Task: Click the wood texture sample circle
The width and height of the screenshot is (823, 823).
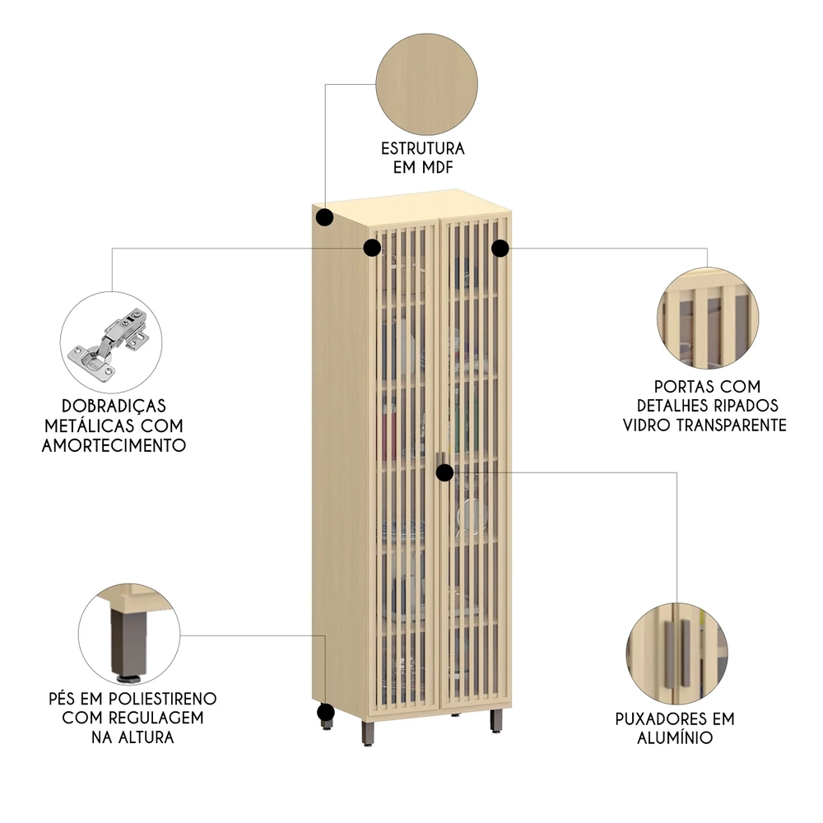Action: [x=426, y=85]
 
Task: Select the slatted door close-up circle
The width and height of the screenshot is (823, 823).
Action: [x=707, y=317]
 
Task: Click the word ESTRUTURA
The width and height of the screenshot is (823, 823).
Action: [x=423, y=149]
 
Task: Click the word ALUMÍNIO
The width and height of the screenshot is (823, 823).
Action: [x=675, y=738]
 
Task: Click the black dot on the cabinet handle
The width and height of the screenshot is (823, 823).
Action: [x=444, y=472]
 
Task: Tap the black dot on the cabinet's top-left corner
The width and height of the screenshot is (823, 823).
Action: [x=325, y=218]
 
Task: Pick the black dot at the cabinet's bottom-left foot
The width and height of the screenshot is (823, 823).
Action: [x=326, y=713]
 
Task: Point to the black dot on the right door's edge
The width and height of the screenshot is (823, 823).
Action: [x=500, y=248]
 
